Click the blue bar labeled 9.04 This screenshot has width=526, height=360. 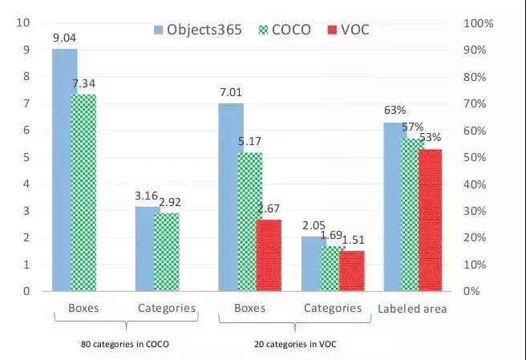coord(65,168)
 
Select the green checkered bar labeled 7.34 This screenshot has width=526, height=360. coord(83,192)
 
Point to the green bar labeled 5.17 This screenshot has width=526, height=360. coord(250,220)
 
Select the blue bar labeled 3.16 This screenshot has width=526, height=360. coord(148,249)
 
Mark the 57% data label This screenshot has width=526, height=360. coord(413,128)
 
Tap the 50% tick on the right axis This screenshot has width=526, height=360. coord(475,157)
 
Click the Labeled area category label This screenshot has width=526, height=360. coord(411,309)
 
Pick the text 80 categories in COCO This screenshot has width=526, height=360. coord(127,343)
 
